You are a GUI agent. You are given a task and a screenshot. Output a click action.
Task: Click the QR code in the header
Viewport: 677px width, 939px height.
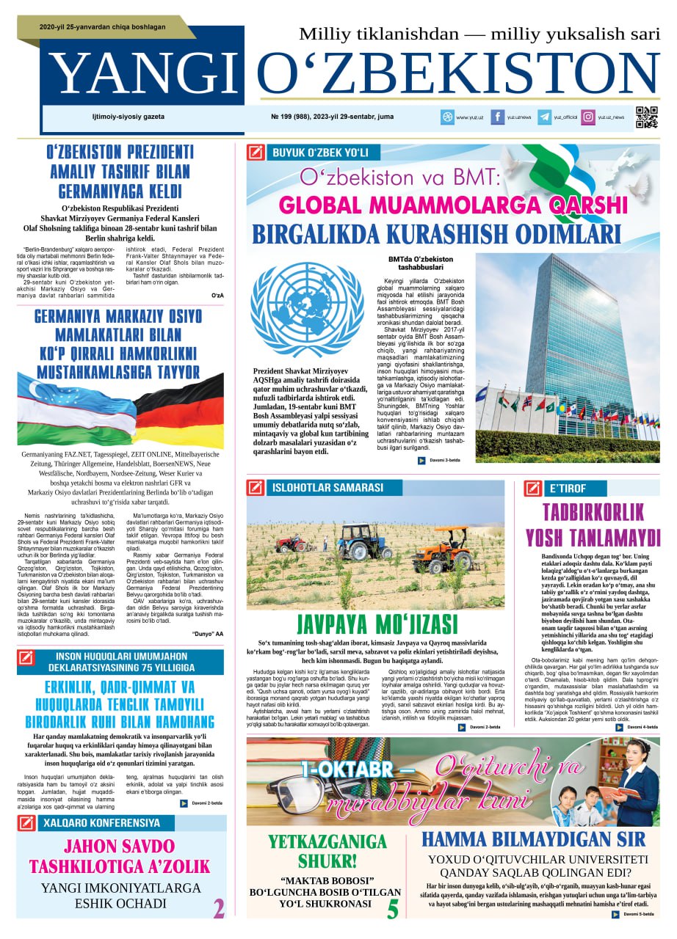[x=646, y=117]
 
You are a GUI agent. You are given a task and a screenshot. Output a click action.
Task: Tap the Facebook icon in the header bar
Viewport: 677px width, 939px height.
[x=497, y=117]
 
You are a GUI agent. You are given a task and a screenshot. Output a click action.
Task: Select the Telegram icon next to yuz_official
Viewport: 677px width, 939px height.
[x=544, y=117]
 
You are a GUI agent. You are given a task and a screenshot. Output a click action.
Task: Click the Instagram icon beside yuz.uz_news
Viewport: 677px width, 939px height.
[x=588, y=117]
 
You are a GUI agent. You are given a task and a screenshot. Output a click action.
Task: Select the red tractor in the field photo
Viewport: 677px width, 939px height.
[x=292, y=544]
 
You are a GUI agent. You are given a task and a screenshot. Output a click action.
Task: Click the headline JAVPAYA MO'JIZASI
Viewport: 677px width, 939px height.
[x=376, y=626]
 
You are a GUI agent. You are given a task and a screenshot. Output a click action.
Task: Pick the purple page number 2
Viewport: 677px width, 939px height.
[x=219, y=908]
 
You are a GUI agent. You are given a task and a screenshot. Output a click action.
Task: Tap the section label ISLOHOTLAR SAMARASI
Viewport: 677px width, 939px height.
[x=327, y=488]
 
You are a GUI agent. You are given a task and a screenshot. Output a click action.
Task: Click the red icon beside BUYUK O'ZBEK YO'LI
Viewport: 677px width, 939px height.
[x=256, y=153]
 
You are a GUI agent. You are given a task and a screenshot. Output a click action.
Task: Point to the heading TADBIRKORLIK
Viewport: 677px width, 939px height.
[x=591, y=513]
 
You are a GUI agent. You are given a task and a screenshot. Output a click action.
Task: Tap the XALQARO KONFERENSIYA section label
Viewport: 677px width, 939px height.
[x=101, y=822]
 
